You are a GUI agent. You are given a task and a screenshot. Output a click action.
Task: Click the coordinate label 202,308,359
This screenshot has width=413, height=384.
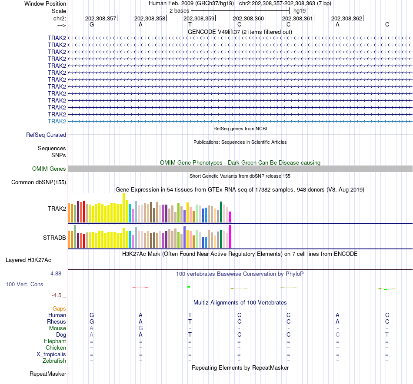(199, 18)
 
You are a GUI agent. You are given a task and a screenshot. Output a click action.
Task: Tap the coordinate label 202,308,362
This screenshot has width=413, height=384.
(346, 18)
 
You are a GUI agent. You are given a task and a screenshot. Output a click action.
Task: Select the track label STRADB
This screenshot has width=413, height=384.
(54, 238)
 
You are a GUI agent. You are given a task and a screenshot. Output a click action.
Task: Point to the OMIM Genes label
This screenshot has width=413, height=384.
(49, 169)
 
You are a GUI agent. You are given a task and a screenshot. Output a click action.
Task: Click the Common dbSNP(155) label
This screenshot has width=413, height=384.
(39, 182)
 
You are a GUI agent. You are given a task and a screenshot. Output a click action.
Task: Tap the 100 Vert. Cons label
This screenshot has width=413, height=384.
(24, 284)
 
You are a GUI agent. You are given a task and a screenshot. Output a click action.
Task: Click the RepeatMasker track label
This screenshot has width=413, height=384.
(48, 374)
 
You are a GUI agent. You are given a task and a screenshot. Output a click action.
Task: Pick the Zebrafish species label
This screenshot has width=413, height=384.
(54, 361)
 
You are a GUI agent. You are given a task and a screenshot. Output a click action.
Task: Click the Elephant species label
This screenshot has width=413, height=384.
(55, 341)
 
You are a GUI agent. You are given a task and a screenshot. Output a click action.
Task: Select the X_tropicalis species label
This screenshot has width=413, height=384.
(51, 354)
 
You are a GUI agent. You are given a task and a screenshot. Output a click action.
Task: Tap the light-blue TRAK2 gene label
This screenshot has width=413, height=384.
(57, 121)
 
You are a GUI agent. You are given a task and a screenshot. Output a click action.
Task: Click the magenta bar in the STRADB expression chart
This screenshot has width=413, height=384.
(230, 236)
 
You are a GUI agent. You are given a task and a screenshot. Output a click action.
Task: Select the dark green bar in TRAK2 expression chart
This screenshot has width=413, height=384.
(221, 212)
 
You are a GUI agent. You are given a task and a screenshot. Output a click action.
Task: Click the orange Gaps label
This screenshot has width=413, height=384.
(59, 308)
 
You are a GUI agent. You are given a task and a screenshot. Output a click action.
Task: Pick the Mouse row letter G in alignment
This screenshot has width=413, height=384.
(140, 328)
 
